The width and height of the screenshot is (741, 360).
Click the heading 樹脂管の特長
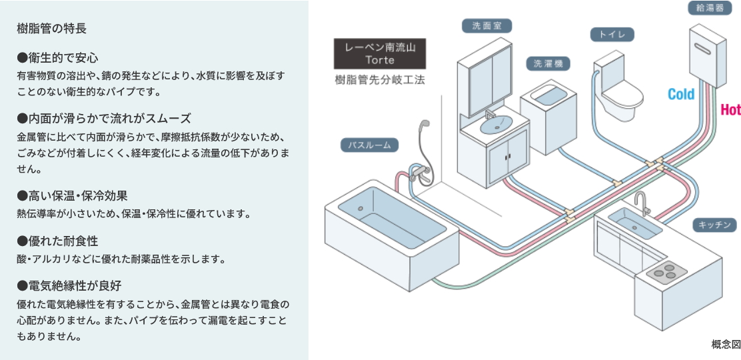51,29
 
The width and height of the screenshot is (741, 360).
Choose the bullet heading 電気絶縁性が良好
69,286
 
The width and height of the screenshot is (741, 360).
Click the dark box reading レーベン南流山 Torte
380,54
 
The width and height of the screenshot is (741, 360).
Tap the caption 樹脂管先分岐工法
380,80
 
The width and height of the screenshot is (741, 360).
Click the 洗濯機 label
548,63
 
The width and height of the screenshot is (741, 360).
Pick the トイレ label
612,35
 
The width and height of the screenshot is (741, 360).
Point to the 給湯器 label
709,9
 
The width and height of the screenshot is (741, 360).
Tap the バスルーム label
369,144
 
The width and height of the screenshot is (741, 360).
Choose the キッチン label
716,225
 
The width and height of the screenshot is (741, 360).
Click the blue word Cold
681,95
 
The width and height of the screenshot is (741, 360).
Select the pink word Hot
730,110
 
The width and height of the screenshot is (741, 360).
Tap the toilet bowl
623,97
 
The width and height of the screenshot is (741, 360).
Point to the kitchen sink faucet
641,201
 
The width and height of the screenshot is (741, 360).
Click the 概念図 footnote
726,344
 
